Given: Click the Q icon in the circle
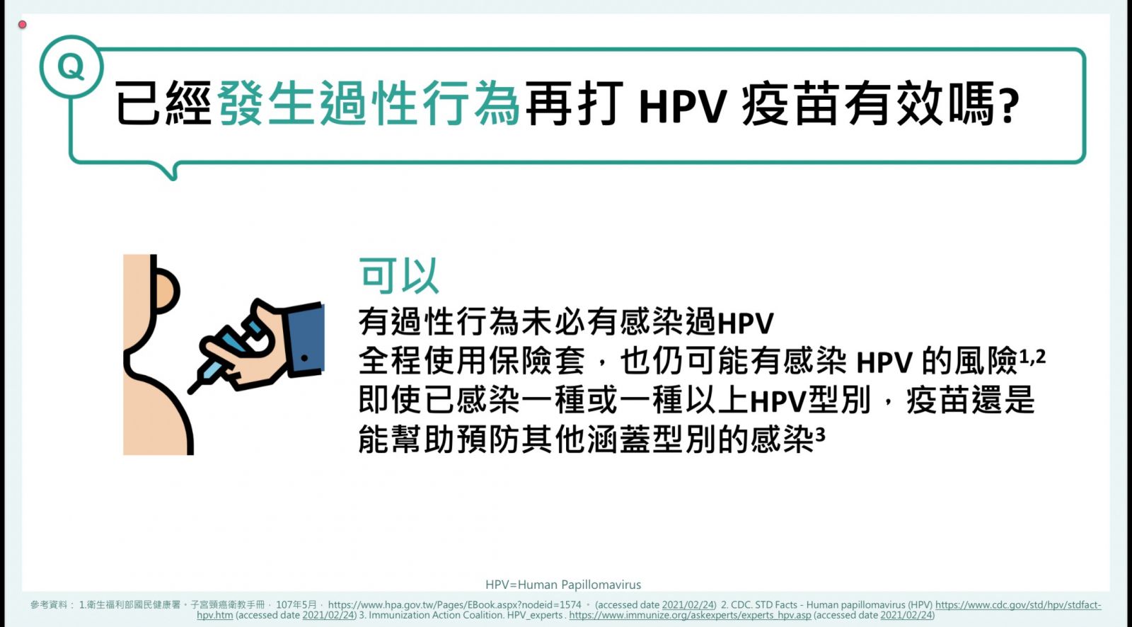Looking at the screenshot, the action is tap(71, 67).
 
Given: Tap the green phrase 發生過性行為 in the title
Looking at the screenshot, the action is tap(369, 103).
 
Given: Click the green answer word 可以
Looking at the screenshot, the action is tap(398, 275).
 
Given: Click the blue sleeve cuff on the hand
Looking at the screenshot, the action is tap(305, 340).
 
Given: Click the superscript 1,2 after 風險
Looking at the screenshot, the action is tap(1032, 357).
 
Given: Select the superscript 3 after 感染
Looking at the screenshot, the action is tap(820, 434).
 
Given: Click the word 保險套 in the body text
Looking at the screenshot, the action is tap(536, 361).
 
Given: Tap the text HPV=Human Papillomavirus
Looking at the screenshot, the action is tap(563, 585).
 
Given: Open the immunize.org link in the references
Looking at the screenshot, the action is tap(690, 616).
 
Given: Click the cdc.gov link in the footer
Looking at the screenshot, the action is tap(1018, 605).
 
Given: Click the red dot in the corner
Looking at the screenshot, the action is tap(22, 24).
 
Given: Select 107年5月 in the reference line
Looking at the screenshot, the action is tap(296, 605).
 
